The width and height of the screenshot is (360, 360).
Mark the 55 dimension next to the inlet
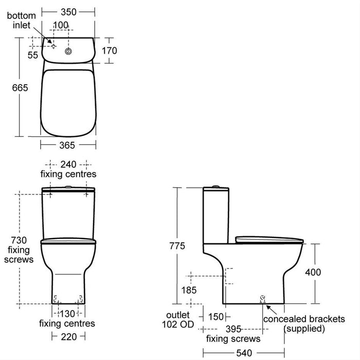point(33,55)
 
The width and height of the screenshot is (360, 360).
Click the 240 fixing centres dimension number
point(68,165)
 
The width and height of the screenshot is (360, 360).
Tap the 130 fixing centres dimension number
point(67,314)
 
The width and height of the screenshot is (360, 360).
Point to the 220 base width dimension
point(68,337)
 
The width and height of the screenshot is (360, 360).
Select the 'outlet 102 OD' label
point(177,319)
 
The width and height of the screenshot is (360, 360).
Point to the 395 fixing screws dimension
point(232,329)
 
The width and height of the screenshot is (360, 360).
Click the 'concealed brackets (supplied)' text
point(304,323)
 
